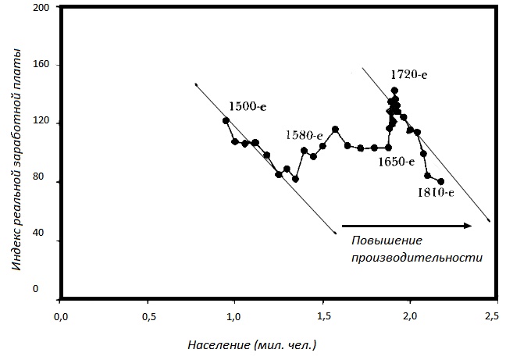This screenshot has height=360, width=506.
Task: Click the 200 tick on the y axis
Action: pyautogui.click(x=41, y=7)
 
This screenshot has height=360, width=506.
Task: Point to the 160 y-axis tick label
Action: pyautogui.click(x=41, y=65)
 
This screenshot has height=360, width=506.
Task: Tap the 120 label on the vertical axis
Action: pyautogui.click(x=41, y=123)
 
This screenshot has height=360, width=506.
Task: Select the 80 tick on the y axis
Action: pyautogui.click(x=43, y=181)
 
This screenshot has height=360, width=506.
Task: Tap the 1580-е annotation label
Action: pyautogui.click(x=304, y=135)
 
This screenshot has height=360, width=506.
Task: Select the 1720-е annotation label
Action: pyautogui.click(x=408, y=75)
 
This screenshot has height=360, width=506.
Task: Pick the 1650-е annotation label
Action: pyautogui.click(x=395, y=162)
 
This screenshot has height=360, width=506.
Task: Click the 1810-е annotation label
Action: pyautogui.click(x=436, y=192)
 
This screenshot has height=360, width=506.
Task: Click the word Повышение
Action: pyautogui.click(x=386, y=241)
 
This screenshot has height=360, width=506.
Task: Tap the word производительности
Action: pyautogui.click(x=415, y=257)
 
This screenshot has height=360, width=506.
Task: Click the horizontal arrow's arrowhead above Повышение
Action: pyautogui.click(x=468, y=226)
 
